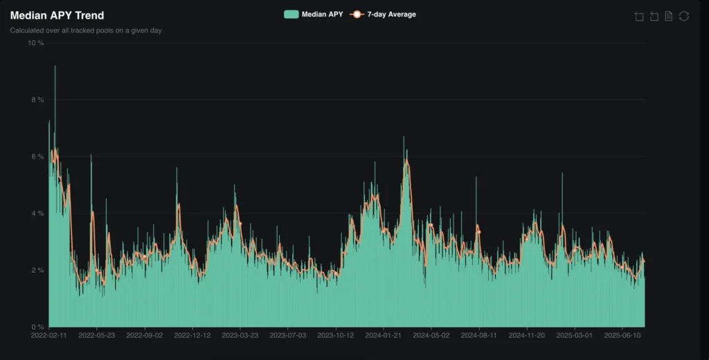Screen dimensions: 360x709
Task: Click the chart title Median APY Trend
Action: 57,15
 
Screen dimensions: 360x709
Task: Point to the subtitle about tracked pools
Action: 87,30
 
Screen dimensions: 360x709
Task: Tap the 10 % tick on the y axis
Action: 35,43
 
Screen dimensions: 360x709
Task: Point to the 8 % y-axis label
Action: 37,100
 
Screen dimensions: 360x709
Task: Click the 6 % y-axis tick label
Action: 37,156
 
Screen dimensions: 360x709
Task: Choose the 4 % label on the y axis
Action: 37,213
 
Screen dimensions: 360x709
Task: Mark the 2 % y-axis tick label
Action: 37,270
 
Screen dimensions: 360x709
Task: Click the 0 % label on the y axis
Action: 37,327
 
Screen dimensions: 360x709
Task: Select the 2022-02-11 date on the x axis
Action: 50,335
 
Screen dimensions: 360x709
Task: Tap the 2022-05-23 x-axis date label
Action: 97,335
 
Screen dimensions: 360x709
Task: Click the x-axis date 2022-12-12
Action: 192,335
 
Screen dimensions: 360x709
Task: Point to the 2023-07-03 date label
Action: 288,335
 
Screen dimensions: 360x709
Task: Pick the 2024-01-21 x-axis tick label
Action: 383,335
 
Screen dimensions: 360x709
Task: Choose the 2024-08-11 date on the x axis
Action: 478,335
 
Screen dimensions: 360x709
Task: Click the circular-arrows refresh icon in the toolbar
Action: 684,16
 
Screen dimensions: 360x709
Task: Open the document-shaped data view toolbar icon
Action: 669,16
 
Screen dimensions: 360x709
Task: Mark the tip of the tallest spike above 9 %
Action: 55,66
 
